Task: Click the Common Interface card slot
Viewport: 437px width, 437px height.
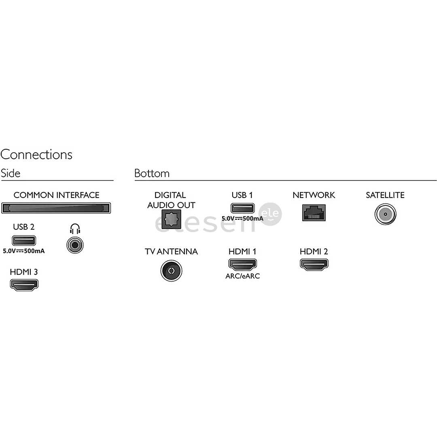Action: pyautogui.click(x=56, y=208)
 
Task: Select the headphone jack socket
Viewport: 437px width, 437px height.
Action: pyautogui.click(x=74, y=244)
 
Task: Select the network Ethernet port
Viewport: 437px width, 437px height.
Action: pyautogui.click(x=314, y=212)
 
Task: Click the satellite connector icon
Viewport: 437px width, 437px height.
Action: pyautogui.click(x=385, y=213)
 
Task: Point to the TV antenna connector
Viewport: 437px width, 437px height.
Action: pyautogui.click(x=171, y=270)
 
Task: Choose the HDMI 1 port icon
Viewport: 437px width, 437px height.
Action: pyautogui.click(x=242, y=265)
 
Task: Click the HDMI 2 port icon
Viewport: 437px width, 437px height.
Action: pyautogui.click(x=314, y=265)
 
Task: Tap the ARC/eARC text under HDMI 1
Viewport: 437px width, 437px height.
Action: pyautogui.click(x=242, y=276)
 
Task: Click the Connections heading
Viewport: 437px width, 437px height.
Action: pyautogui.click(x=36, y=155)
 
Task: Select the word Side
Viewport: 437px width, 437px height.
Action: pyautogui.click(x=11, y=173)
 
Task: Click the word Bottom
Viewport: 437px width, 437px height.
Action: pyautogui.click(x=152, y=173)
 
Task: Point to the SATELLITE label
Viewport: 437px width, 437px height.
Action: pyautogui.click(x=385, y=195)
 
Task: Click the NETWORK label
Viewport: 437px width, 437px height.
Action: pyautogui.click(x=314, y=195)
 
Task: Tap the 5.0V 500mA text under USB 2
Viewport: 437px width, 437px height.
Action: pyautogui.click(x=24, y=251)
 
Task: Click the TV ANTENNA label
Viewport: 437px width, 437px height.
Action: pyautogui.click(x=171, y=252)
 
